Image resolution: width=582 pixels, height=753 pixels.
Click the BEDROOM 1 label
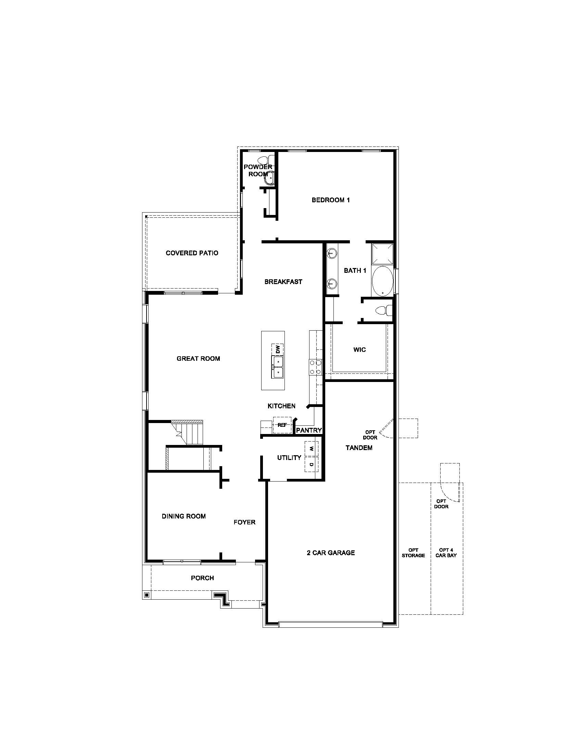[x=331, y=200]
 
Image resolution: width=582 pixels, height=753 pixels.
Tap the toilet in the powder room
[x=265, y=160]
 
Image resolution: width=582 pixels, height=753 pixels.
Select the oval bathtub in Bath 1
[x=382, y=281]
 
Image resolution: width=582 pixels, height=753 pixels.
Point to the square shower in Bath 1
[x=382, y=254]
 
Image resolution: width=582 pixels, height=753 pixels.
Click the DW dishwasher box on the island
[x=278, y=349]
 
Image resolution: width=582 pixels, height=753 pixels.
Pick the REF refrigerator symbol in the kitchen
[x=282, y=425]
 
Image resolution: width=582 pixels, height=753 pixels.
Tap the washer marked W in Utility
[x=311, y=449]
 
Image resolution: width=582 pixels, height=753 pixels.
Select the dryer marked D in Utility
[x=311, y=465]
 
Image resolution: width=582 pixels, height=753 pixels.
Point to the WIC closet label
[x=359, y=349]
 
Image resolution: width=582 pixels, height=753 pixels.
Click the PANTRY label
[x=309, y=430]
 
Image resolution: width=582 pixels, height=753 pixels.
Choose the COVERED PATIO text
[x=192, y=253]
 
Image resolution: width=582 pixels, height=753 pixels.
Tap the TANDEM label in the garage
[x=359, y=448]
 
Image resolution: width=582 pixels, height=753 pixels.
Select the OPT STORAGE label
[x=413, y=553]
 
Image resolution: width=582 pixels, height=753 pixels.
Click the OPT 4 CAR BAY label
[x=446, y=553]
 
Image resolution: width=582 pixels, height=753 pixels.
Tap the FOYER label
[x=244, y=522]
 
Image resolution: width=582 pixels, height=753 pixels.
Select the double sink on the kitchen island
[x=277, y=367]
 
